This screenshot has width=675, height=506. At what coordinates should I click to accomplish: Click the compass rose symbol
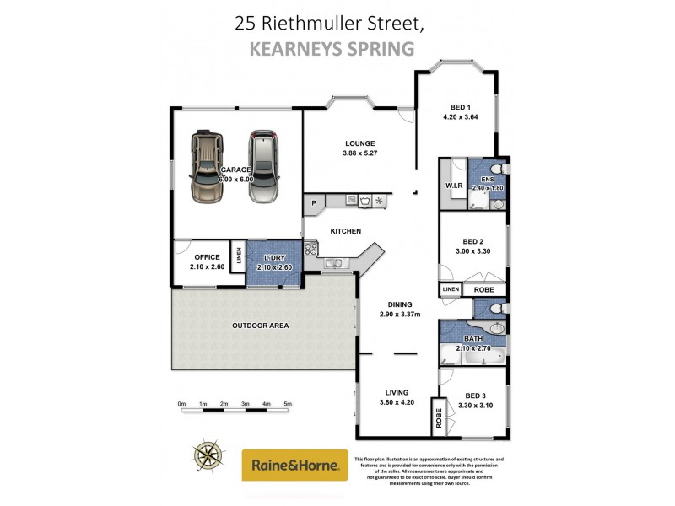[x=208, y=456]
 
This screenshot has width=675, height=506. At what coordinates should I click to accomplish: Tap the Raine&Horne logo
[x=294, y=465]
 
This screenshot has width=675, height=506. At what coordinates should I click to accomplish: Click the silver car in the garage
[x=264, y=167]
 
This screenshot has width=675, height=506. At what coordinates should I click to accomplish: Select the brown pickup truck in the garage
[x=205, y=167]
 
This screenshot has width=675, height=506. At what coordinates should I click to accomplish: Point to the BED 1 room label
[x=459, y=107]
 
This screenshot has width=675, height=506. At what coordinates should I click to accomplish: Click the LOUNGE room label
[x=359, y=143]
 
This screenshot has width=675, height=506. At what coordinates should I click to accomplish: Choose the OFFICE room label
[x=207, y=257]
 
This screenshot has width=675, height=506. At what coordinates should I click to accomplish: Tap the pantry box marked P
[x=314, y=202]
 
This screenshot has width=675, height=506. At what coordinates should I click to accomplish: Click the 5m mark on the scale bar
[x=287, y=405]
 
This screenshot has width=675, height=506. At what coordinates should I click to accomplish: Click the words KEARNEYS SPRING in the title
[x=332, y=49]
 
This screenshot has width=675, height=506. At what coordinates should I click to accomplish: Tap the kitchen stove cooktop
[x=310, y=249]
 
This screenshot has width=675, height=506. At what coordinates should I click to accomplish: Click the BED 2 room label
[x=473, y=240]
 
